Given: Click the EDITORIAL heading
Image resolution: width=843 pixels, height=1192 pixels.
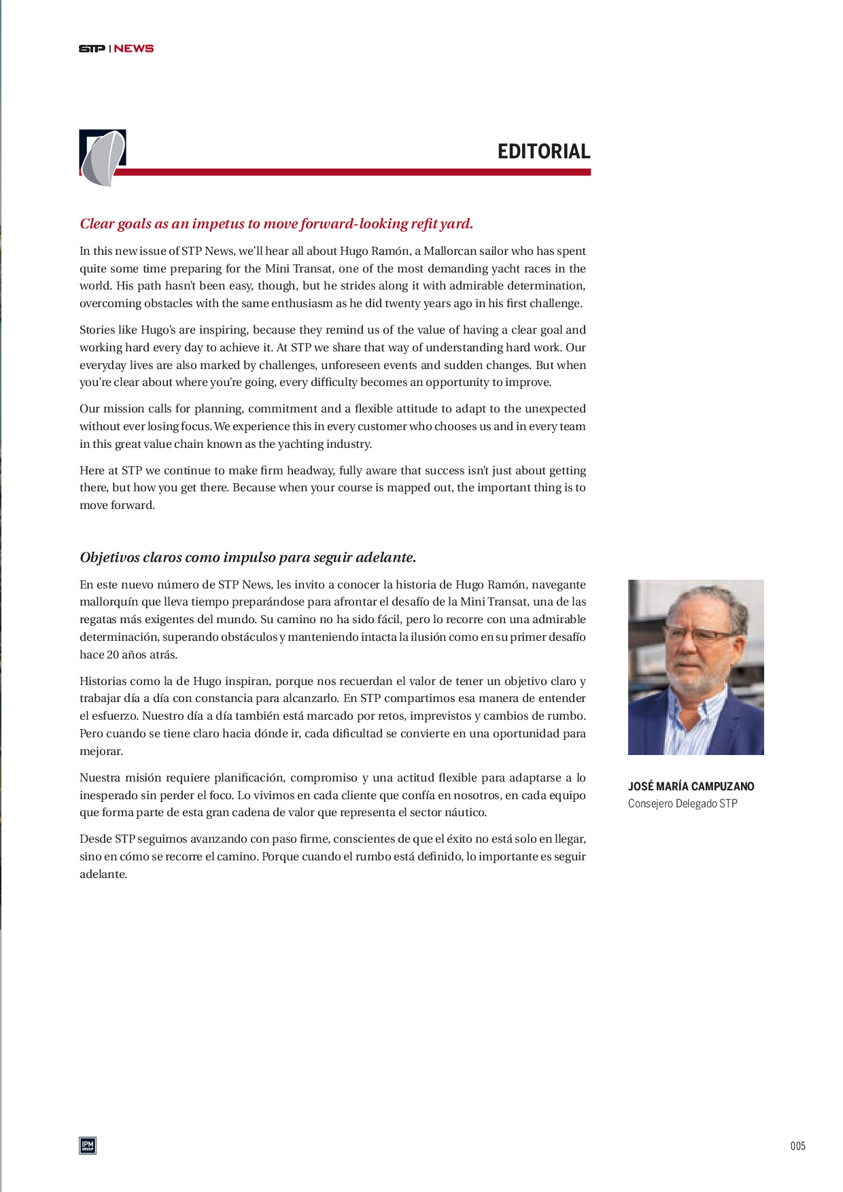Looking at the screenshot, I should [543, 151].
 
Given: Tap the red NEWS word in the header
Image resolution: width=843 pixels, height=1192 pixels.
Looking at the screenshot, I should [134, 48].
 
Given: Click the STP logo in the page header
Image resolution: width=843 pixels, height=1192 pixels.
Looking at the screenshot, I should [92, 48].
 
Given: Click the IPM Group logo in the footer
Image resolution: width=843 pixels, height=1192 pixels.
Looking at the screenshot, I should [88, 1145].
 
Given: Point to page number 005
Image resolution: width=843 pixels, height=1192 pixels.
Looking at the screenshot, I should [797, 1146].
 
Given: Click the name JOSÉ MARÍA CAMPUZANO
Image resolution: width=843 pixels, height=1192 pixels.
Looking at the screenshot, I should [691, 786].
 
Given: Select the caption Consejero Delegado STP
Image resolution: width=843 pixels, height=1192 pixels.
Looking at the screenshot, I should [683, 803].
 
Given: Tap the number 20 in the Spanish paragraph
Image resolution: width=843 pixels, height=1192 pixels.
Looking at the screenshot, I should [114, 654].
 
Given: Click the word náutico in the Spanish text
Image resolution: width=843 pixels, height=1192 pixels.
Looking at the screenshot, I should [465, 812].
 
